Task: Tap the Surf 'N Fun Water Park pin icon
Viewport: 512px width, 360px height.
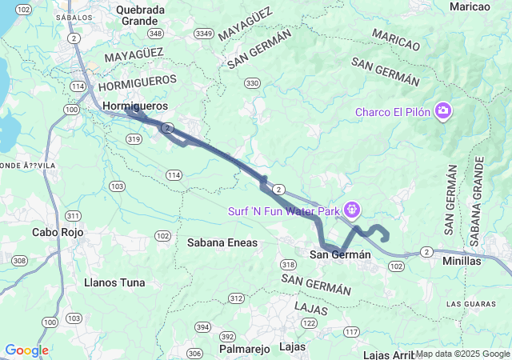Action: click(352, 210)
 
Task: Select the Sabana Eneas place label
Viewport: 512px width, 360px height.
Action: click(222, 242)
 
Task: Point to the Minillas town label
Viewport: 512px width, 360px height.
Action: click(462, 261)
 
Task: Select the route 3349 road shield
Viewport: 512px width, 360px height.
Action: click(204, 34)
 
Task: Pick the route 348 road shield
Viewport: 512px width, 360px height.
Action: click(156, 34)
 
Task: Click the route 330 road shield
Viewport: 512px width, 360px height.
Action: click(253, 83)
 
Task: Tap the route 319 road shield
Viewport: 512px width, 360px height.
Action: click(134, 139)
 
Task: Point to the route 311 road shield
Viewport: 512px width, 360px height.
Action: click(74, 216)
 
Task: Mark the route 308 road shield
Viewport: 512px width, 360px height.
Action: click(19, 261)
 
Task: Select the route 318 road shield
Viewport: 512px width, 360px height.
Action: click(289, 264)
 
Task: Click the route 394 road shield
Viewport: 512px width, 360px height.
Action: click(203, 327)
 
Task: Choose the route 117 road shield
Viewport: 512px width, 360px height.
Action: click(351, 331)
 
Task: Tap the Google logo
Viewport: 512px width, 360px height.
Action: click(26, 350)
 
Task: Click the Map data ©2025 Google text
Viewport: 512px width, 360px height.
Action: click(462, 354)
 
